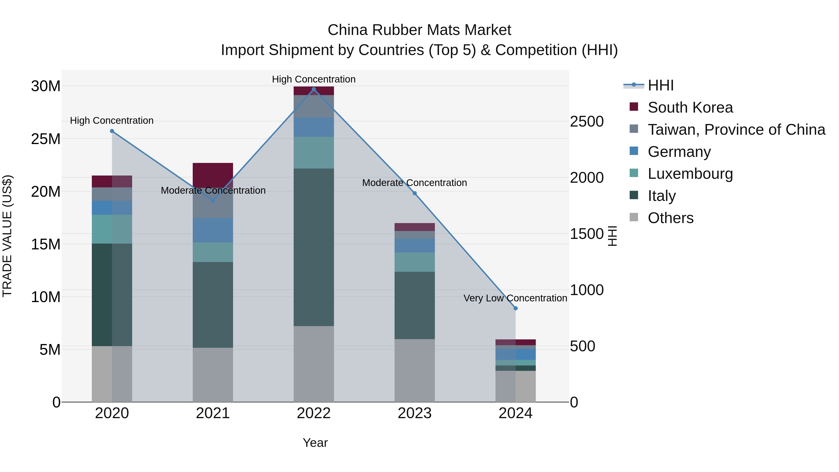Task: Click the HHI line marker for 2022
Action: [x=314, y=89]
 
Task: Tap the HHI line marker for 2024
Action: [x=515, y=308]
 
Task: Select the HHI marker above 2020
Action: [x=112, y=131]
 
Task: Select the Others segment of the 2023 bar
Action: [x=414, y=370]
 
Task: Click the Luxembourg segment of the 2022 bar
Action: [x=314, y=152]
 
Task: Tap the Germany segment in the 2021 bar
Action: [x=213, y=230]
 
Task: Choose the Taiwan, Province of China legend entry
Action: [x=736, y=129]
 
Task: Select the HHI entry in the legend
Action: [x=660, y=85]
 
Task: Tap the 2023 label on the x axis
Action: [x=414, y=413]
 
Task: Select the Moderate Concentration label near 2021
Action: [x=213, y=190]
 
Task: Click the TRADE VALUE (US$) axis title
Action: [x=7, y=236]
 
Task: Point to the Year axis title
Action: [x=315, y=443]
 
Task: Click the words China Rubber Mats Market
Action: [x=419, y=30]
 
